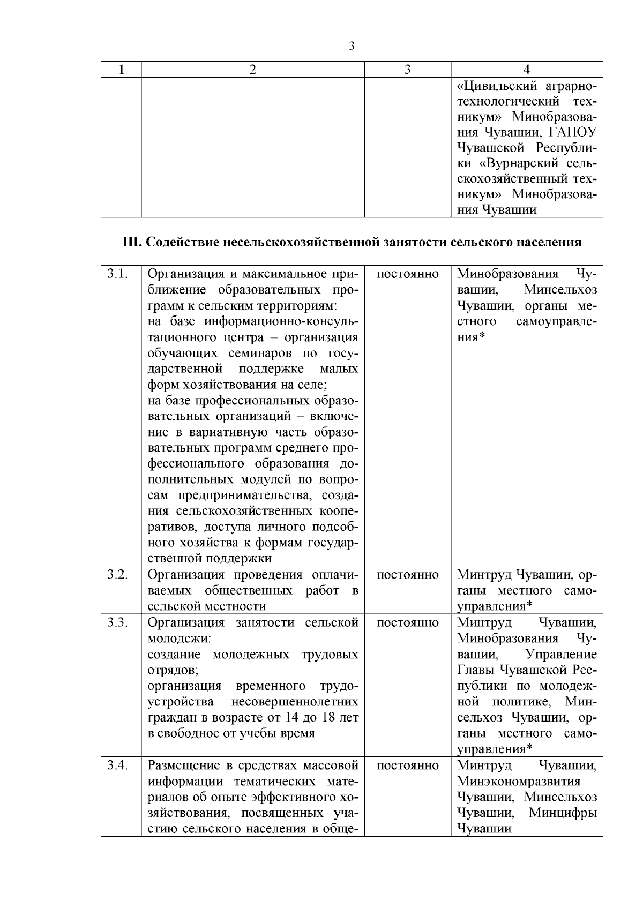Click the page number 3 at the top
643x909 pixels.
click(x=352, y=47)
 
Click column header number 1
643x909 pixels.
click(x=122, y=70)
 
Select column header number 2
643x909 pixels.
click(x=253, y=70)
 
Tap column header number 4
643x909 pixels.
click(x=527, y=70)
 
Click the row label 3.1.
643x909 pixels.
click(x=117, y=274)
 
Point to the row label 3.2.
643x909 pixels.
click(x=117, y=575)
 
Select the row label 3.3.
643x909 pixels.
click(x=117, y=622)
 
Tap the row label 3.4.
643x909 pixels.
click(x=117, y=765)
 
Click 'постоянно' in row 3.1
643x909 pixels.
click(x=407, y=274)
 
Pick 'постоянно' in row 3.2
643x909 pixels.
click(x=407, y=575)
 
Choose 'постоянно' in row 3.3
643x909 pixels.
click(x=407, y=622)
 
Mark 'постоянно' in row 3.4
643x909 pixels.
click(x=407, y=765)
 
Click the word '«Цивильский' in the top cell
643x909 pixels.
click(x=498, y=85)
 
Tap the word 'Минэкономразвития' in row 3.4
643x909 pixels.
click(x=519, y=782)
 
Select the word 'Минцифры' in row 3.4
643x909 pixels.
click(x=563, y=813)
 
